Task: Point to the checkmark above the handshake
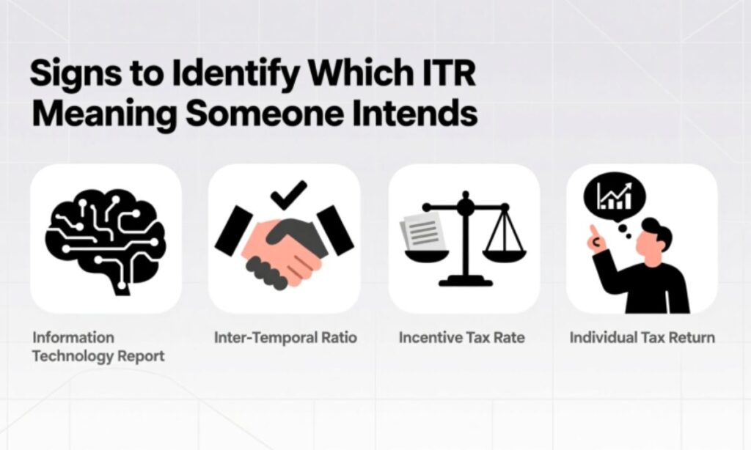pos(288,195)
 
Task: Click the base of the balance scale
pos(464,280)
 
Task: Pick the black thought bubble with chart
pos(614,197)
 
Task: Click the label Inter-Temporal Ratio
pos(285,338)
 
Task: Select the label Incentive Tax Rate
pos(462,338)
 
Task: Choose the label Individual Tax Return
pos(642,338)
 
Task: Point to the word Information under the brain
pos(73,338)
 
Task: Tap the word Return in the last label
pos(693,338)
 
